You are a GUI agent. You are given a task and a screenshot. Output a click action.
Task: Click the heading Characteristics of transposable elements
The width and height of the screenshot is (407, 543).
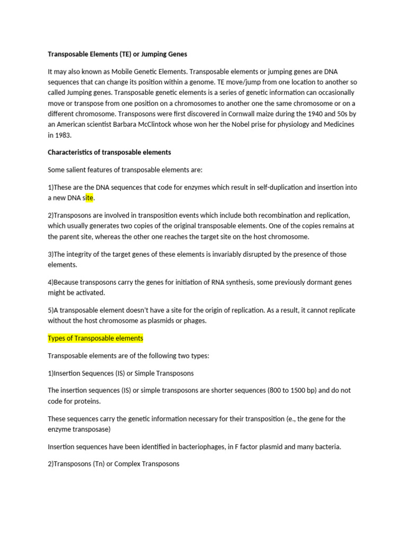[x=109, y=152]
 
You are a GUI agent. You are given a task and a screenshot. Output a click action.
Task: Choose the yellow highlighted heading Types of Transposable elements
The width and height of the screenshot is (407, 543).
[x=95, y=338]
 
